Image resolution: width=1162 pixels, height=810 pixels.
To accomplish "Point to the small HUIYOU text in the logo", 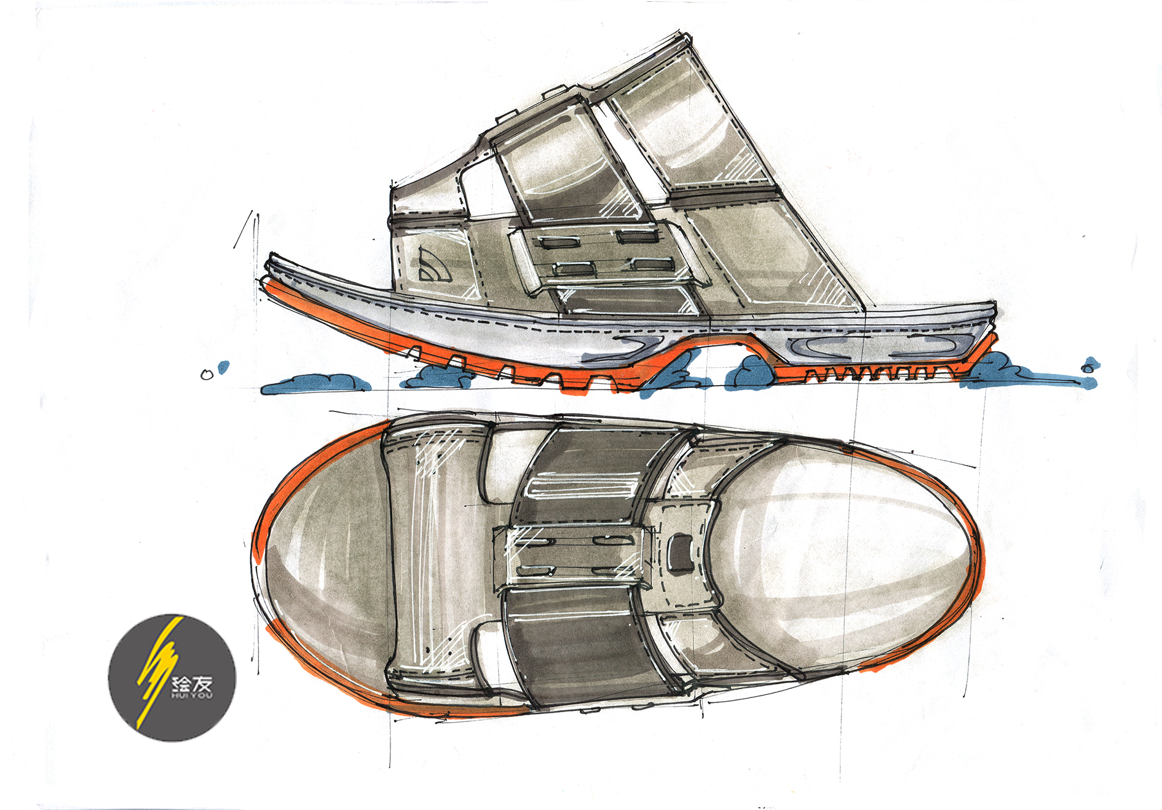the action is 192,696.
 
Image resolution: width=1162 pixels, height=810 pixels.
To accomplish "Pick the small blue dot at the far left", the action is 224,367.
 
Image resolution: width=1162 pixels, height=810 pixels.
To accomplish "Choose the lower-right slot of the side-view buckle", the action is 650,264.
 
